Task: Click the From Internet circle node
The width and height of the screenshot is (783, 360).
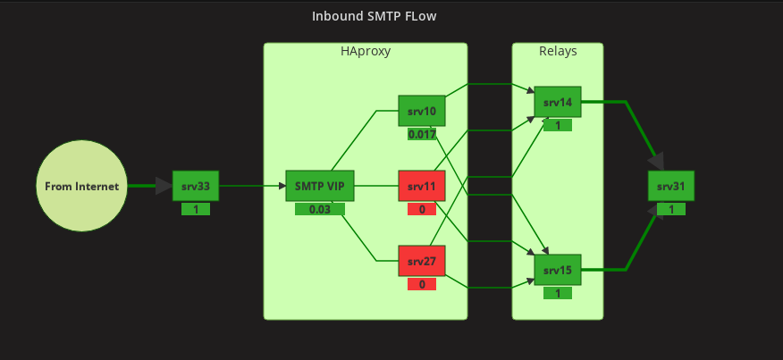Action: tap(82, 186)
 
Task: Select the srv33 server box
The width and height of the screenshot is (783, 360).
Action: tap(196, 186)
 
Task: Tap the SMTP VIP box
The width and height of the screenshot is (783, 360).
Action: tap(320, 187)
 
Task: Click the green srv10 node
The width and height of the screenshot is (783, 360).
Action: tap(421, 112)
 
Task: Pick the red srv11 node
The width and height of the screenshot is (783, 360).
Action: tap(421, 187)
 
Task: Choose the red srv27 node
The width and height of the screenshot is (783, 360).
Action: tap(421, 262)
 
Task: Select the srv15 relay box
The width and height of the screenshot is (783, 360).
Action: tap(558, 270)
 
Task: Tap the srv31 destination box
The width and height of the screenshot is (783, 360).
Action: tap(670, 186)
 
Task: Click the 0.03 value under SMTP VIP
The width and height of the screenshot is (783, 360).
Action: tap(320, 210)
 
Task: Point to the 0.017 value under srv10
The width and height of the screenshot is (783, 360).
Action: tap(422, 135)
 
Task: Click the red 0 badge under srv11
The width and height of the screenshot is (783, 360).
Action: tap(422, 210)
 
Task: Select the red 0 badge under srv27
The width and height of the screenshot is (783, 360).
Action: tap(422, 285)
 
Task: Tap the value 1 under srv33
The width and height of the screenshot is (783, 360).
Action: tap(196, 209)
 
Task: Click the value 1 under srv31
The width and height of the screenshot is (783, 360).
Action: tap(670, 209)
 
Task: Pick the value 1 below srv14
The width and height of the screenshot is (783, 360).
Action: tap(558, 126)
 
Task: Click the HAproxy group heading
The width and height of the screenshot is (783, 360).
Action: tap(366, 52)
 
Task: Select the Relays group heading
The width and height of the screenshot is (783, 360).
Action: tap(558, 52)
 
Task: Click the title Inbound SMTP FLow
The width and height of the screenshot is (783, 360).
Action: tap(374, 16)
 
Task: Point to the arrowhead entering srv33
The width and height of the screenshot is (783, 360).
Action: tap(164, 186)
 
